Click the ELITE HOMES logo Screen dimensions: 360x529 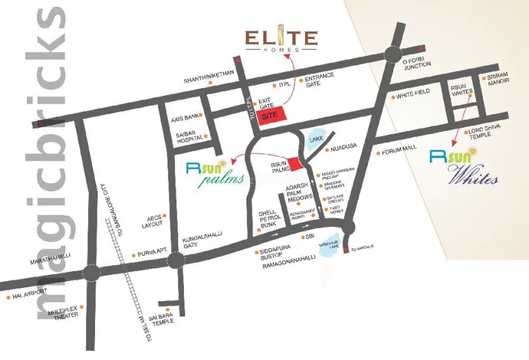[x=281, y=41]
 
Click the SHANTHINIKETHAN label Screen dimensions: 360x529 [x=207, y=80]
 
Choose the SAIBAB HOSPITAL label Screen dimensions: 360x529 [x=187, y=139]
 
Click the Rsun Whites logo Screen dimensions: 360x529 [x=465, y=166]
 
